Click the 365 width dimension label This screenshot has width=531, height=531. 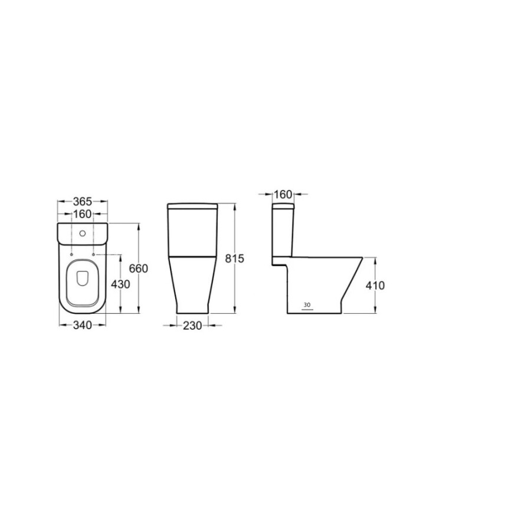[83, 202]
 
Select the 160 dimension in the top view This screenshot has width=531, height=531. [83, 214]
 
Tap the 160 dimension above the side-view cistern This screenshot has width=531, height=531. [283, 194]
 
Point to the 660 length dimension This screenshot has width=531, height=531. [139, 268]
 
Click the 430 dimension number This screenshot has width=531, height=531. [120, 284]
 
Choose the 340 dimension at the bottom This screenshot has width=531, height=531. [83, 325]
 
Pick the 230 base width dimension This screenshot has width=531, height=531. [192, 326]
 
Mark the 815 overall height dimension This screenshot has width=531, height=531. [235, 258]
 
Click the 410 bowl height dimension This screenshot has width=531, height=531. [375, 286]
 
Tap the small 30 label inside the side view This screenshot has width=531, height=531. [307, 305]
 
